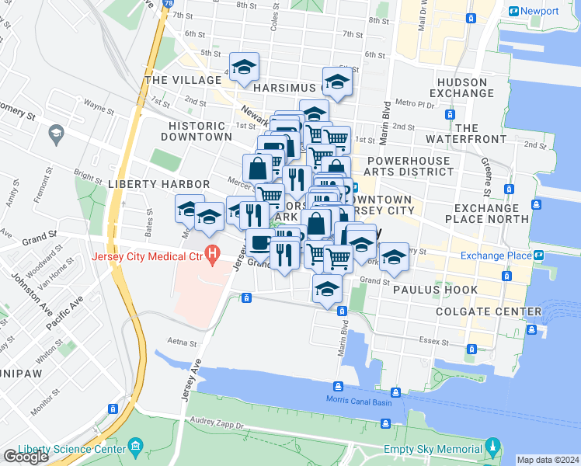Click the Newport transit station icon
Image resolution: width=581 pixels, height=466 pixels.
coord(514,11)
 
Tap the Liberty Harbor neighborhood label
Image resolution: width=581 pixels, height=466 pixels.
coord(158,184)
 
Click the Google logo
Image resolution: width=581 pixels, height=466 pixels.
coord(26,457)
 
